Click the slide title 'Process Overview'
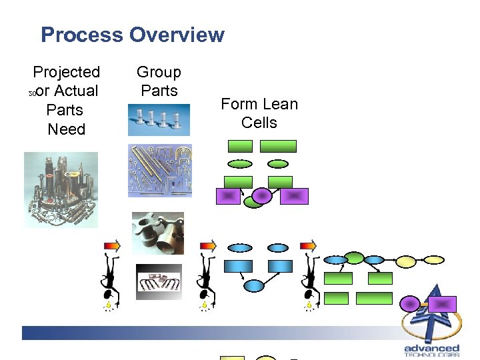pos(133,35)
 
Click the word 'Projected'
pos(67,72)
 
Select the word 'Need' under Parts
pos(67,129)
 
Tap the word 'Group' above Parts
pos(159,72)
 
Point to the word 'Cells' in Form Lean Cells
pos(259,123)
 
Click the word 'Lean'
pos(279,104)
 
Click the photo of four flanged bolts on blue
pos(159,120)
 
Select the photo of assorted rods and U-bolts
pos(160,171)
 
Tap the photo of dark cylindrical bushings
pos(158,233)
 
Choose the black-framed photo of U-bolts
pos(159,282)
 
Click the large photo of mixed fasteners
pos(61,190)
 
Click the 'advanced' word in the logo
pos(432,348)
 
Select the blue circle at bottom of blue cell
pos(254,285)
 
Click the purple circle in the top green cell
pos(263,195)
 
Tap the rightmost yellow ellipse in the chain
pos(434,260)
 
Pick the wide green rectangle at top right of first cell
pos(278,146)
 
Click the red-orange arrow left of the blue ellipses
pos(208,246)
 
